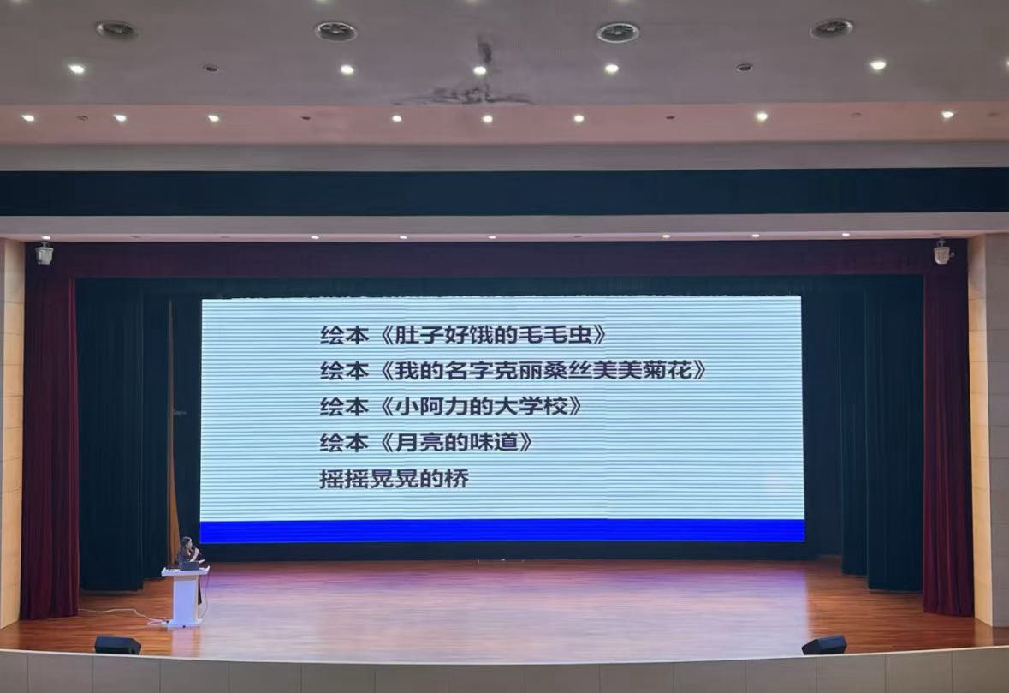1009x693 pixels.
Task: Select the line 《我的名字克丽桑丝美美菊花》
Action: coord(543,371)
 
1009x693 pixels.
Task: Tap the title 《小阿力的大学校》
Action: coord(481,406)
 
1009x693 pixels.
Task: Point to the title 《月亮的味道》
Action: coord(456,443)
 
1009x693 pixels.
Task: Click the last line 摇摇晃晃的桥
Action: coord(394,479)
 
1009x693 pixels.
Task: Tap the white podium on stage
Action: coord(186,596)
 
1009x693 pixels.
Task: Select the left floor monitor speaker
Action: coord(117,645)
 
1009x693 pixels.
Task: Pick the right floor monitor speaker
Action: coord(823,645)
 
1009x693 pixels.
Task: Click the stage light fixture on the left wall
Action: coord(45,253)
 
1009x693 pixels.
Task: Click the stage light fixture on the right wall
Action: coord(943,252)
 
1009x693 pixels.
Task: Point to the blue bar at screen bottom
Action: coord(502,531)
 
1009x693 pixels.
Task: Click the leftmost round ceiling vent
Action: coord(116,29)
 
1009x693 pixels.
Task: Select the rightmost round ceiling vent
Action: coord(832,28)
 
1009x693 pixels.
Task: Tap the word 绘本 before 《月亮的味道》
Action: coord(344,443)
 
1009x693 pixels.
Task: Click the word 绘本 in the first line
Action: coord(344,335)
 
